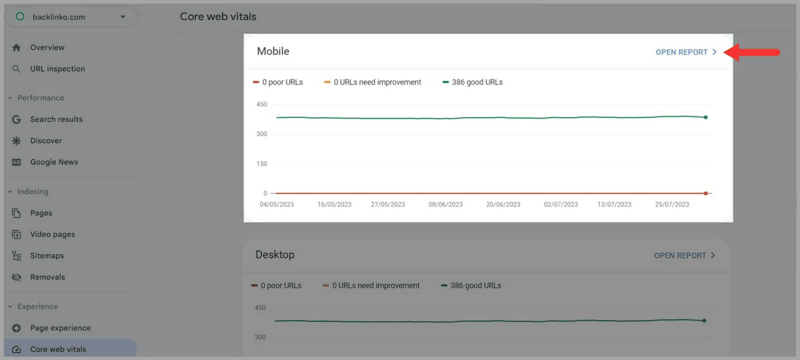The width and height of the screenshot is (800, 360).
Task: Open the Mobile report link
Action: (685, 52)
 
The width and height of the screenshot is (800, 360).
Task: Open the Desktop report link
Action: (684, 255)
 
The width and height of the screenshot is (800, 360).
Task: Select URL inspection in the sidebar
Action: (57, 69)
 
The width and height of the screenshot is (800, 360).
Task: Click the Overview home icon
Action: (16, 47)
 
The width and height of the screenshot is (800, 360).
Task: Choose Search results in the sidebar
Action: (56, 119)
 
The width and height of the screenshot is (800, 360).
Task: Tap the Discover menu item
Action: (46, 141)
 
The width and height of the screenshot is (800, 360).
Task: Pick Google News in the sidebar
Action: (54, 162)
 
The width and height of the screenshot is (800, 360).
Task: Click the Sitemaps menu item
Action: (47, 256)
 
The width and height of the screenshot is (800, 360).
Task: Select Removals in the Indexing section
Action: (47, 277)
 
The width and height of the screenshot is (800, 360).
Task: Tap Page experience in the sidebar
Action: (60, 328)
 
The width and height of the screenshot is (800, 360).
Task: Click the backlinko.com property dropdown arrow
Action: (123, 17)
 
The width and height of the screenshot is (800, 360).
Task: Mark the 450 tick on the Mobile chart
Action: (261, 104)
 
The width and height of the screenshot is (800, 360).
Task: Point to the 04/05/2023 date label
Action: (276, 204)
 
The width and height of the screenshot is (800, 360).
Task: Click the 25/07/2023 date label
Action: (671, 204)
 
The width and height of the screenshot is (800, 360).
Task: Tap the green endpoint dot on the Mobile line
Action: (705, 117)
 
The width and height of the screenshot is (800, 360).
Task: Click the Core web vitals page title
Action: (218, 16)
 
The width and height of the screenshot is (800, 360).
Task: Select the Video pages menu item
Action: (52, 234)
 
